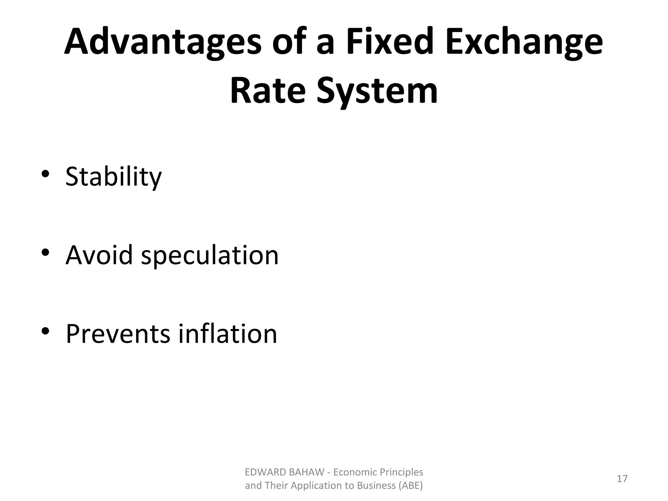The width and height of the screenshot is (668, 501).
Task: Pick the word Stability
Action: tap(113, 177)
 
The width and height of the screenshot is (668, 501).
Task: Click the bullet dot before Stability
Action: tap(45, 174)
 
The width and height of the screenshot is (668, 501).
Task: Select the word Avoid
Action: tap(99, 255)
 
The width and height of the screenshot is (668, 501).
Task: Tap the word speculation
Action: tap(210, 255)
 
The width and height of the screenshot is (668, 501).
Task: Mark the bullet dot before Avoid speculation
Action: tap(45, 252)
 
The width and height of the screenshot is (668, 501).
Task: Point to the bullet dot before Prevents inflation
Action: tap(45, 331)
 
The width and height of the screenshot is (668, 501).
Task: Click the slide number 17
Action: tap(622, 479)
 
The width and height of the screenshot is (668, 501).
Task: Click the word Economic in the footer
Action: tap(354, 472)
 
